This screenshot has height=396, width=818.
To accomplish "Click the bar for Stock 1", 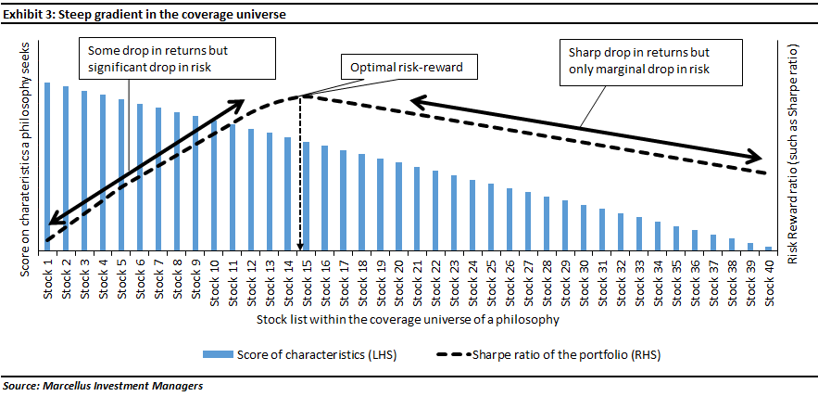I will click(47, 167).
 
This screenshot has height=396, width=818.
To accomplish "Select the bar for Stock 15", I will click(307, 197).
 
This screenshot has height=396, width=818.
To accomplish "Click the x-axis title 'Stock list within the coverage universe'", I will click(408, 319).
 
